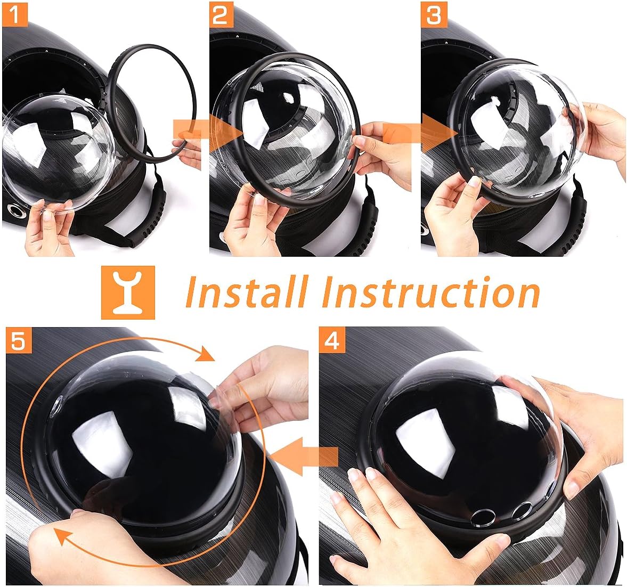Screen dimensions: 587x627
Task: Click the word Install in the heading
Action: click(246, 292)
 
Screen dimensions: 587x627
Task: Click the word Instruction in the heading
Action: click(430, 292)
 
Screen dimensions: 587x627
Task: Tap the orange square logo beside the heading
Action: click(128, 292)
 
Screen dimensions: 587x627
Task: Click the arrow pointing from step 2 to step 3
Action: click(421, 132)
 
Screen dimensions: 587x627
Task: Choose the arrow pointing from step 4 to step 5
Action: click(304, 456)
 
